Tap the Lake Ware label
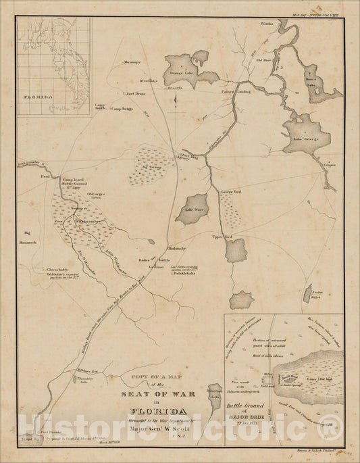[195, 209]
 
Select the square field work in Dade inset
[269, 374]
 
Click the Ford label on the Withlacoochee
[46, 176]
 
